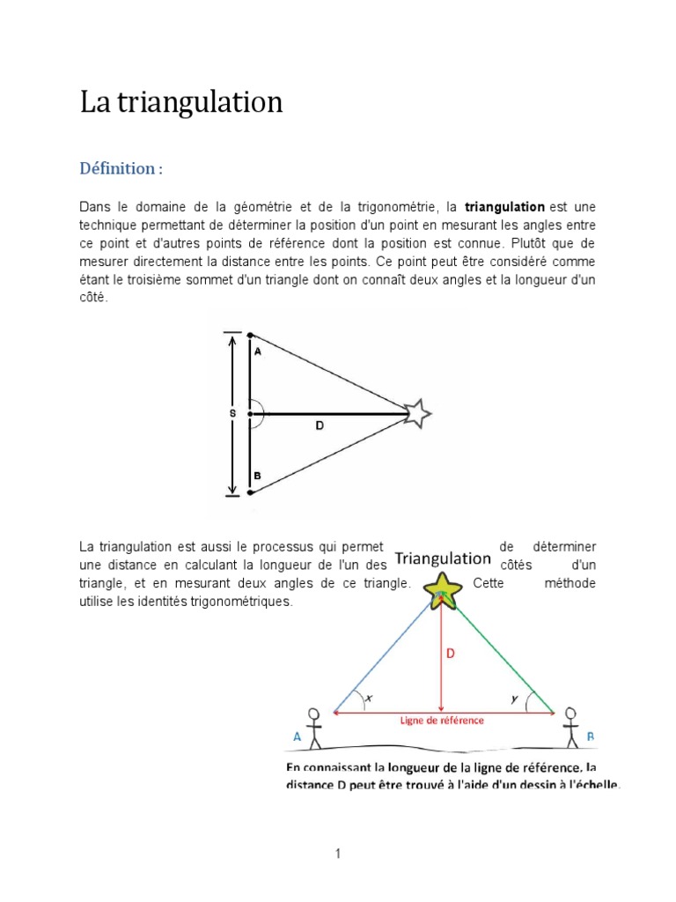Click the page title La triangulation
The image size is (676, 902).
pos(181,103)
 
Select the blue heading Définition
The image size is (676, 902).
pos(121,168)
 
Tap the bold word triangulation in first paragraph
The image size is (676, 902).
pos(504,207)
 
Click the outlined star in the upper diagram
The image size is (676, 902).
pos(417,412)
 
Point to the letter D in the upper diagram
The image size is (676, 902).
pos(320,426)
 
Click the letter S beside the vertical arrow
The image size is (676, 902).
pos(233,413)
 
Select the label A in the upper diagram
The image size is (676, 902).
pos(257,351)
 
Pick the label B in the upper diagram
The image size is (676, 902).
pos(257,477)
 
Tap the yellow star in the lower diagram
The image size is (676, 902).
pos(441,591)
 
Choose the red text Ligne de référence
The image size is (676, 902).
pos(443,721)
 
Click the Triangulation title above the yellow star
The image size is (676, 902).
pos(442,558)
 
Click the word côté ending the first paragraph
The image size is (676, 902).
pos(93,299)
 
